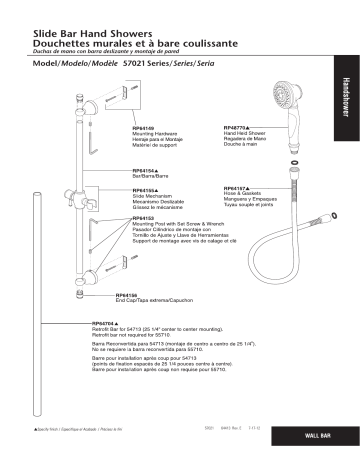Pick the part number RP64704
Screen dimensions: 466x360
pos(106,323)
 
